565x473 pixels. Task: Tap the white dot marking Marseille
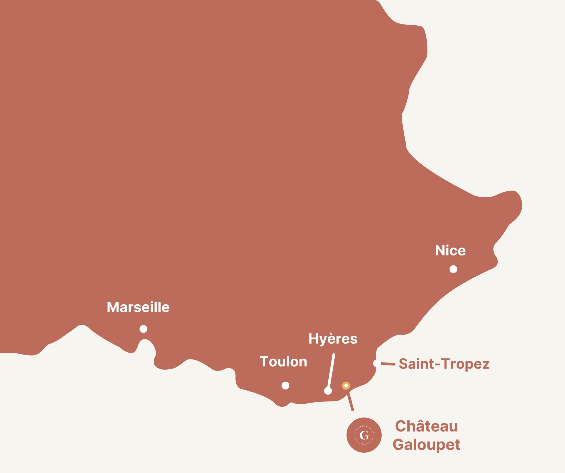click(x=143, y=329)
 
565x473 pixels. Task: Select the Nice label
click(x=450, y=251)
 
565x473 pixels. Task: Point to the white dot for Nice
click(x=453, y=269)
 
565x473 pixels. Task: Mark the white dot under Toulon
click(x=285, y=386)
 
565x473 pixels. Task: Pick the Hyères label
click(x=333, y=339)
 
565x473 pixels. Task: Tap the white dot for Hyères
click(x=328, y=391)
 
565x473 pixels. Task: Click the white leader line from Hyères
click(x=331, y=371)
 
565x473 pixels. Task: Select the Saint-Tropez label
click(x=444, y=364)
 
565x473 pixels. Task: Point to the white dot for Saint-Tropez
click(x=377, y=363)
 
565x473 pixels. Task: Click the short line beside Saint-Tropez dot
click(x=388, y=364)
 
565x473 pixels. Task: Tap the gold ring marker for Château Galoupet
click(x=346, y=386)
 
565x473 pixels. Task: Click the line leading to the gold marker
click(x=350, y=402)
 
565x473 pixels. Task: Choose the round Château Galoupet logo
click(x=364, y=435)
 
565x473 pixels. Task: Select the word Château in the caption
click(x=426, y=426)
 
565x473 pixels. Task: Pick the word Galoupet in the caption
click(x=426, y=445)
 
